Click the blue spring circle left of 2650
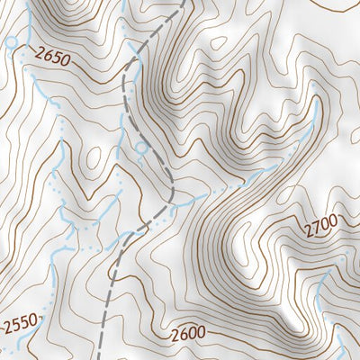11,42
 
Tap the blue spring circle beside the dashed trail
140,147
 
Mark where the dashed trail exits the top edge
184,2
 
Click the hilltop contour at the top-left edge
72,7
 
